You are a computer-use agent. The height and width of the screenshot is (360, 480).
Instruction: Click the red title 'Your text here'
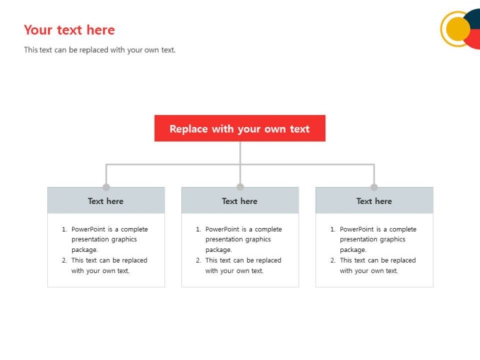point(69,30)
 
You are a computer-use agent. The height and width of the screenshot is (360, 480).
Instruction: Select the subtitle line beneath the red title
point(100,50)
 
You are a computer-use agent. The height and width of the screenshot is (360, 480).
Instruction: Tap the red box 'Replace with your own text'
point(240,128)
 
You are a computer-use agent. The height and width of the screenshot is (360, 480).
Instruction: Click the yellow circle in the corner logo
point(458,29)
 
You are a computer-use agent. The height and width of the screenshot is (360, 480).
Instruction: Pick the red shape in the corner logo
point(474,40)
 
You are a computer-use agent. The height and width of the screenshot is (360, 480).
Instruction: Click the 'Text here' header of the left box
point(106,200)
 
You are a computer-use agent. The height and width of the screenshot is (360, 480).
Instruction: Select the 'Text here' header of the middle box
point(240,200)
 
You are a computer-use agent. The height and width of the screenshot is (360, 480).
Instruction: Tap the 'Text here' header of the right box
point(374,200)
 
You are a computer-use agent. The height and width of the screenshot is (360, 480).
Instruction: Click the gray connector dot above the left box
point(106,187)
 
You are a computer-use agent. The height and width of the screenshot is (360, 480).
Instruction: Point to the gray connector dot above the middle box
point(240,187)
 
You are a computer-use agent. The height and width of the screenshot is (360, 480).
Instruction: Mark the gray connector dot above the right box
point(374,187)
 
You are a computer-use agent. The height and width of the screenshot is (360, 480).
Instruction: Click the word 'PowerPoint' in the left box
point(88,229)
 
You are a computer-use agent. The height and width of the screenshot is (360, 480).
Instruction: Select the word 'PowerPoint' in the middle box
point(222,229)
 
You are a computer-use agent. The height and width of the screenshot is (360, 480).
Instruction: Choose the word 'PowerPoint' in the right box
point(356,229)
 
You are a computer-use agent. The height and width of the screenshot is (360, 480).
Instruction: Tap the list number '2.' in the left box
point(64,260)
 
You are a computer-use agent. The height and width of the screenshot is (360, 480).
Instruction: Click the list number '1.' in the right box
point(332,229)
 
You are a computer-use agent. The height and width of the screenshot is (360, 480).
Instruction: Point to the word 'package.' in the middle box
point(219,250)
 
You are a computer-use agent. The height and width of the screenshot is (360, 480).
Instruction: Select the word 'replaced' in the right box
point(403,260)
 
